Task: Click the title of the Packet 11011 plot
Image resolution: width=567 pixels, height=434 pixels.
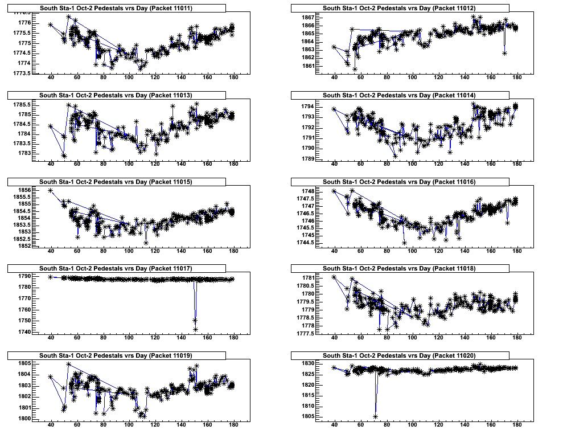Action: point(116,8)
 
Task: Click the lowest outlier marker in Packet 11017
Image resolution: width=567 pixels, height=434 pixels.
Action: point(195,329)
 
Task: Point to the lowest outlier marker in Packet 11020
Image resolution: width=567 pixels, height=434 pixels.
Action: point(376,417)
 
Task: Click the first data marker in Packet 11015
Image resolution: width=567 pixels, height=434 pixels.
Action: point(51,190)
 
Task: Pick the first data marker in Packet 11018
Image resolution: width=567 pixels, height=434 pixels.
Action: point(334,277)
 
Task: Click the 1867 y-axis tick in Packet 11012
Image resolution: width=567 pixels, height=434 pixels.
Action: point(307,17)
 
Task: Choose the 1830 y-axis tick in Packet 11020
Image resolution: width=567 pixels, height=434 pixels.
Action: point(307,363)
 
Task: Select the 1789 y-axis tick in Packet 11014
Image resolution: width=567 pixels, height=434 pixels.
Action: point(307,158)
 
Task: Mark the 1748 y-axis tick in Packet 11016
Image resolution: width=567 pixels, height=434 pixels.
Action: point(307,191)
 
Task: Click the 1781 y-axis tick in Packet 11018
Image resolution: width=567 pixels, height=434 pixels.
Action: point(307,277)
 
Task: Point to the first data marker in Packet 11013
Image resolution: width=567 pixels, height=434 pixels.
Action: point(51,126)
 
